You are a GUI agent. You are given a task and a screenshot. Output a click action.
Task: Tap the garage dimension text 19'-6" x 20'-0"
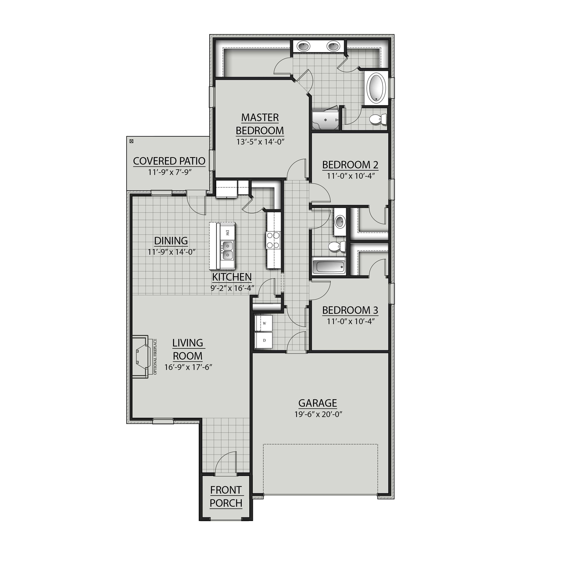(318, 414)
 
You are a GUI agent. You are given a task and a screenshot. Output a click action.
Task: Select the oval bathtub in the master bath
(377, 88)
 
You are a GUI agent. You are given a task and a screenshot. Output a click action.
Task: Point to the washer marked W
(264, 323)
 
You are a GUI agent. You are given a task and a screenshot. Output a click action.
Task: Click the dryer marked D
(264, 340)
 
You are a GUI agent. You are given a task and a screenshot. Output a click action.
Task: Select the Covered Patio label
(169, 161)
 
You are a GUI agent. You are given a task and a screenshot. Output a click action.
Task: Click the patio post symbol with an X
(131, 141)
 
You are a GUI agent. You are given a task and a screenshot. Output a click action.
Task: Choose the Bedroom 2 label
(350, 165)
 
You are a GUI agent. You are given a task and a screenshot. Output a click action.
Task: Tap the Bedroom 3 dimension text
(350, 321)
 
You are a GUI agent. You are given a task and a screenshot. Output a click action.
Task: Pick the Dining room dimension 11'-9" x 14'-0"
(171, 251)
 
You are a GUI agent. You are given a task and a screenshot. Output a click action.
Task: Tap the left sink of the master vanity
(303, 46)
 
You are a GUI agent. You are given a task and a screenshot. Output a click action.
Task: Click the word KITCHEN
(232, 277)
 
